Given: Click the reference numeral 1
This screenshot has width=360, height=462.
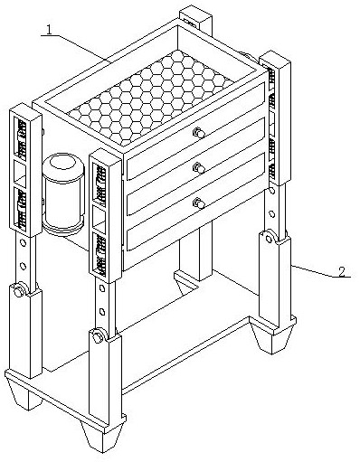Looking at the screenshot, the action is [49, 30].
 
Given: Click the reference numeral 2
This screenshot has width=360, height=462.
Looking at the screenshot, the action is [342, 272].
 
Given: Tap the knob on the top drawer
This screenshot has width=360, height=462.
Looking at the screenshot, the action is [198, 133].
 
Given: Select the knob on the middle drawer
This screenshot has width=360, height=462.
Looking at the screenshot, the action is [198, 167].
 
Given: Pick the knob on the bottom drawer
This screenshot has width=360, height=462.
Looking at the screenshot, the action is [198, 203].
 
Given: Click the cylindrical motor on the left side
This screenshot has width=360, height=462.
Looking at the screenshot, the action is [63, 193].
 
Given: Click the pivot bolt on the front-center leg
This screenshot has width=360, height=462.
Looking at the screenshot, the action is [98, 335].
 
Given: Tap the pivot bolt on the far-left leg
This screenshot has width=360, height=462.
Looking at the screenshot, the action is [19, 289].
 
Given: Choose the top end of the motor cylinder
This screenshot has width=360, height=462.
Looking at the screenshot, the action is [62, 163].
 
